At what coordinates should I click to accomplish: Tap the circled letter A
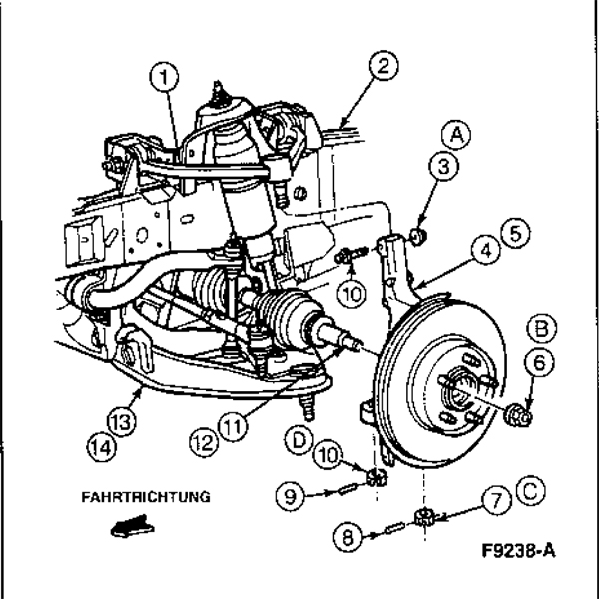[455, 134]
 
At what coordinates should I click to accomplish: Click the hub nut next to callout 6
[518, 412]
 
